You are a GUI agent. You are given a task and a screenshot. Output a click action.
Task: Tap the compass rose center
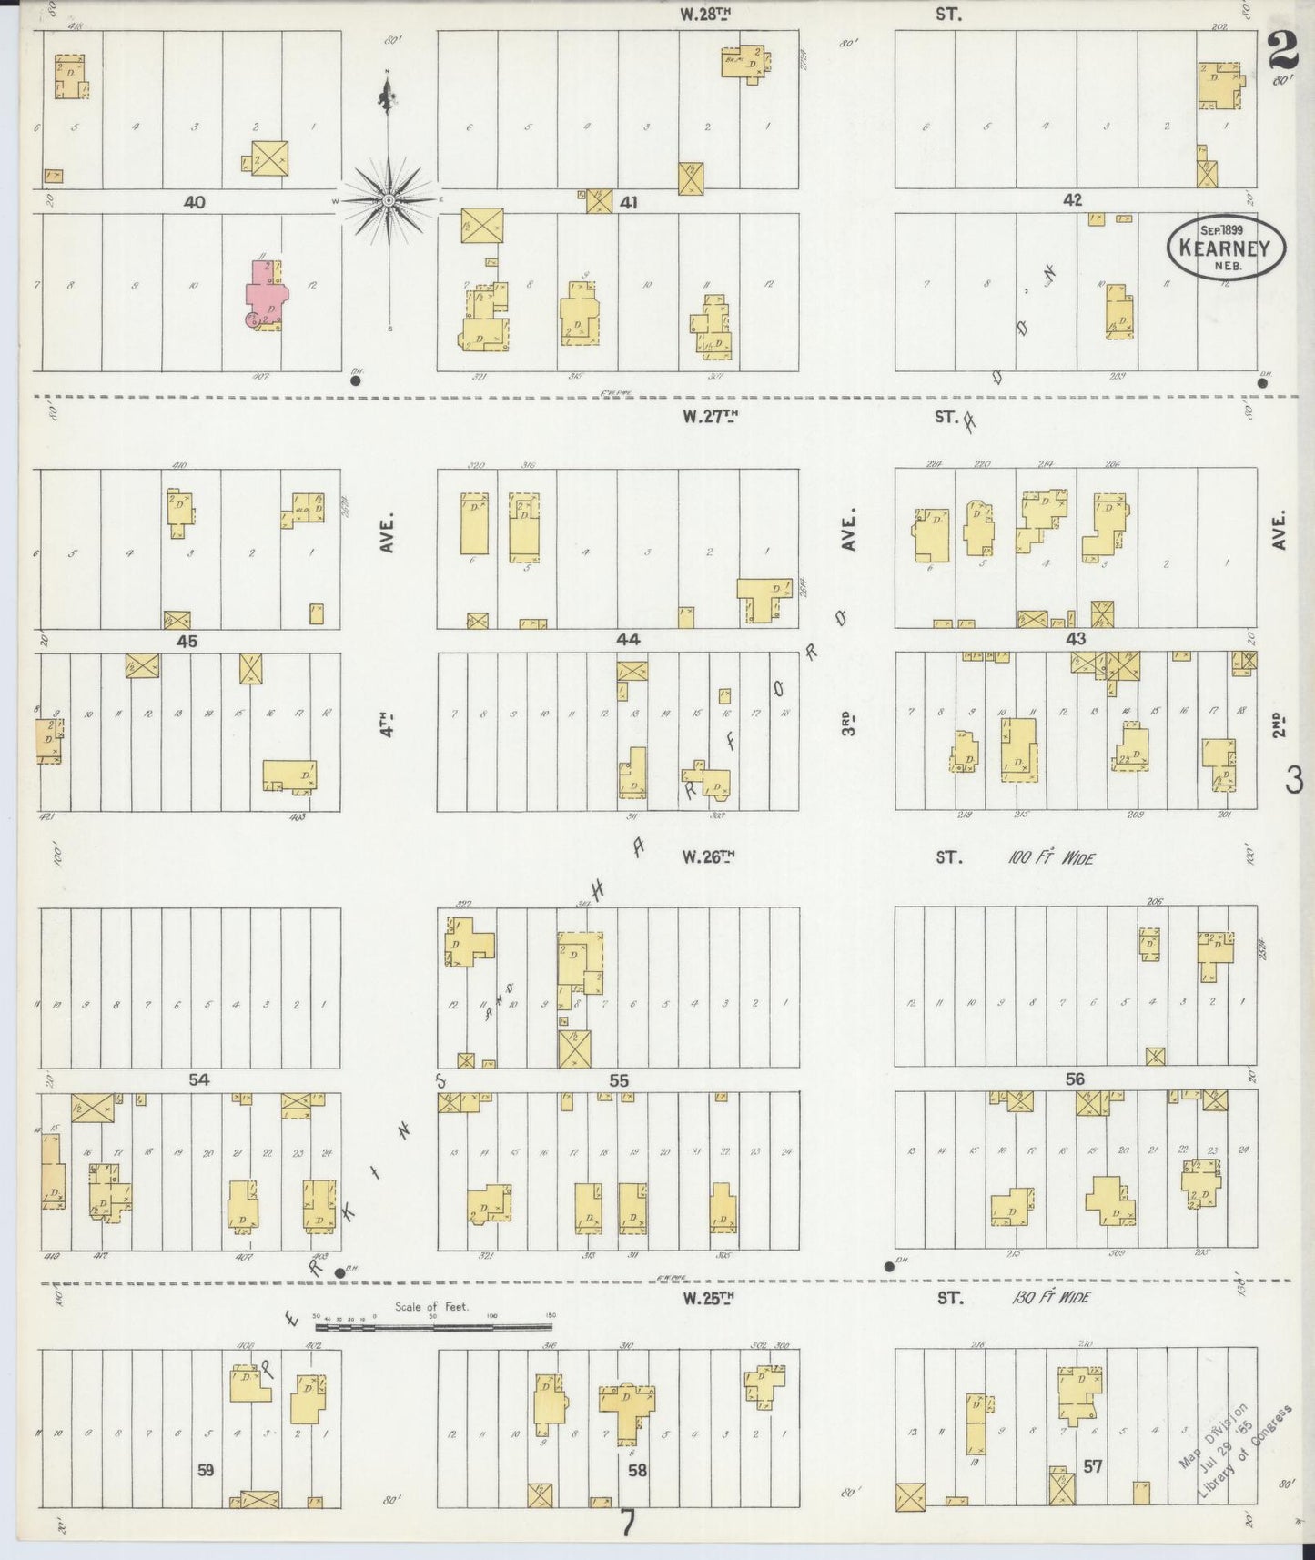389,199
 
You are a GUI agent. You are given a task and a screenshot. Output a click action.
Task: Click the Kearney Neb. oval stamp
1226,246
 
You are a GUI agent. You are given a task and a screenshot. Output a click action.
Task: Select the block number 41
628,202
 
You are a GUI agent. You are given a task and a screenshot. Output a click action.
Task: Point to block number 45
187,641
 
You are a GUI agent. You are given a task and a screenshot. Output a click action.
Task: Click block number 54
199,1079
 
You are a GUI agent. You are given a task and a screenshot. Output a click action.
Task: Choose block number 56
1075,1079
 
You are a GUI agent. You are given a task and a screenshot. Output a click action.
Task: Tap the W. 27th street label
708,417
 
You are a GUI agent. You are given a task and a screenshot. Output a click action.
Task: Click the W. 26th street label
708,856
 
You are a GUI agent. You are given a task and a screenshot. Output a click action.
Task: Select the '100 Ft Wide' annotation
1050,857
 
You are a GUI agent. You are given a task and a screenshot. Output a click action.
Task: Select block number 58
636,1470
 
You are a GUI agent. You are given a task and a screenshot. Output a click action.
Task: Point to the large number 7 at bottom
627,1522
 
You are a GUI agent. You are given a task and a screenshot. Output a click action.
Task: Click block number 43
1076,640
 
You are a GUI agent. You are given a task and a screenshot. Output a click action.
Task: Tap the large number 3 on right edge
1294,779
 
